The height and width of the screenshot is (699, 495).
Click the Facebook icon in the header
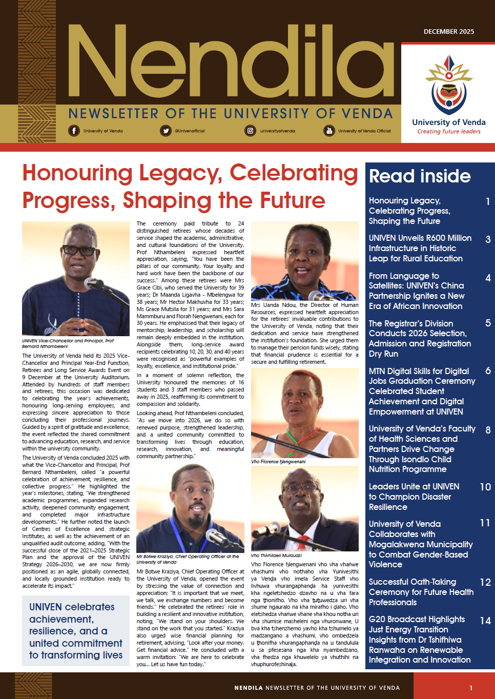74,131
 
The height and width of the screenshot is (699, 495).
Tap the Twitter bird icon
166,131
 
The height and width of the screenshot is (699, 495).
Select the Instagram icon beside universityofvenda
250,131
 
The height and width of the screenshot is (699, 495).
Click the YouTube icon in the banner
328,131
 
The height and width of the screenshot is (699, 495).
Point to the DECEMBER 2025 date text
449,32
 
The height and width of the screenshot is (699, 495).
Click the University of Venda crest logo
449,85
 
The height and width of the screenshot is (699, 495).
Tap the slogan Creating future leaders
449,132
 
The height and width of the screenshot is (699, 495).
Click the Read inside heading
420,176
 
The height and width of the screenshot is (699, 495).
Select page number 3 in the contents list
488,239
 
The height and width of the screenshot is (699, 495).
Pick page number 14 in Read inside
485,621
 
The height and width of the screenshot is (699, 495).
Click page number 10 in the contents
485,487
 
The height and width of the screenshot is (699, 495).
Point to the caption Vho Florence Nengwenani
278,462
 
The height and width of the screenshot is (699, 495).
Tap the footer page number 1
471,688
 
